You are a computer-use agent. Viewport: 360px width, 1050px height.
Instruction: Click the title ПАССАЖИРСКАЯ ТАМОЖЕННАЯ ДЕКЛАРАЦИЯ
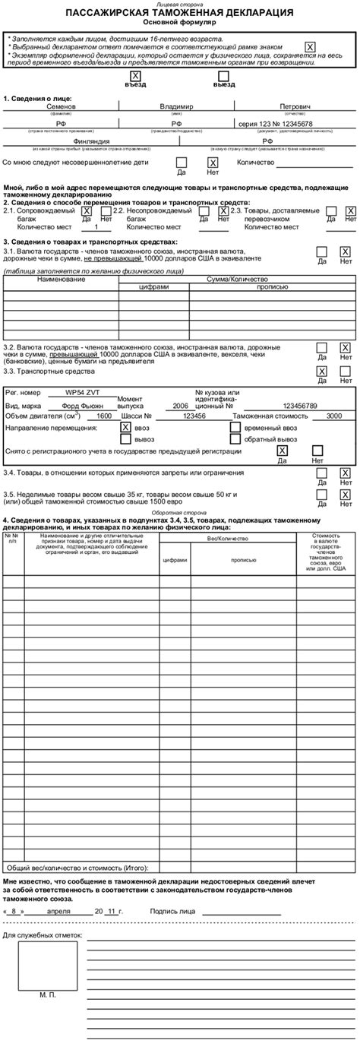tap(179, 14)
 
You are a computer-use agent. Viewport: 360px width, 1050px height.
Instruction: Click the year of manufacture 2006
tap(180, 384)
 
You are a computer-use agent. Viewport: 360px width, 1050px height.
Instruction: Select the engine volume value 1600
tap(104, 395)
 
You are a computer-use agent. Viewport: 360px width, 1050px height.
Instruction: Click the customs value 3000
tap(333, 395)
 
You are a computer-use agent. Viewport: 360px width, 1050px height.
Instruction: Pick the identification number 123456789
tap(300, 384)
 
